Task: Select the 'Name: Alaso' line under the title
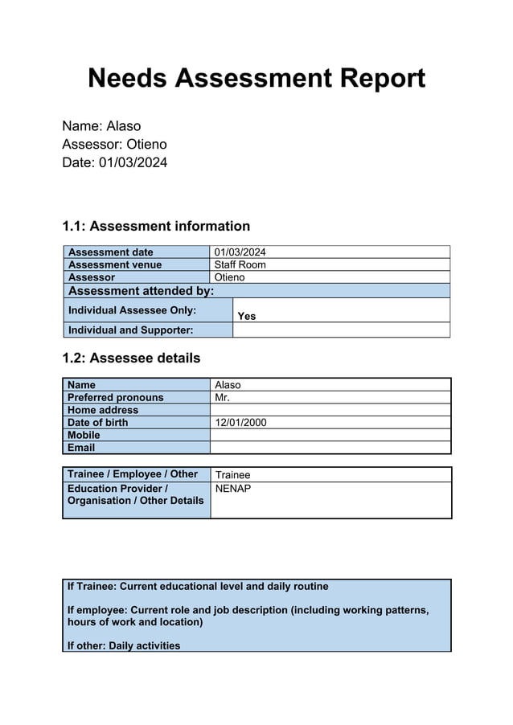click(101, 126)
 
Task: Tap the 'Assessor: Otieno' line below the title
click(114, 145)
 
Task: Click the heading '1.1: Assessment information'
click(156, 227)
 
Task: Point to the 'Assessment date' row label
click(111, 252)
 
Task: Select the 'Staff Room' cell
click(240, 264)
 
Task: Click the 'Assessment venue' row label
click(115, 264)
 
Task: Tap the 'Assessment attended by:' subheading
click(141, 291)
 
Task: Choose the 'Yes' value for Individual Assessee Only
click(247, 316)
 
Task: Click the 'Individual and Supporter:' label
click(131, 330)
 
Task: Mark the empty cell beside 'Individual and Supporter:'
click(340, 330)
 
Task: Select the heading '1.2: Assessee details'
click(131, 358)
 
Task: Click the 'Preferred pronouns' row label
click(115, 397)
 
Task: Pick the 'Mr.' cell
click(223, 397)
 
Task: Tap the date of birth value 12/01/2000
click(240, 423)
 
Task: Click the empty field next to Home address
click(330, 410)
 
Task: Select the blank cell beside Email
click(330, 448)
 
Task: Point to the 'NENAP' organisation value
click(233, 489)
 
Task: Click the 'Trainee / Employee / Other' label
click(133, 474)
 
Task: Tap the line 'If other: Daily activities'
click(124, 645)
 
